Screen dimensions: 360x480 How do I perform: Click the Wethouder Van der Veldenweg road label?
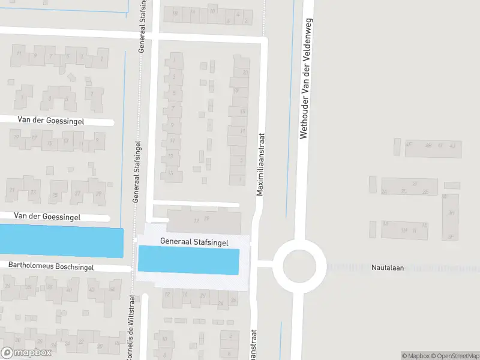pyautogui.click(x=303, y=70)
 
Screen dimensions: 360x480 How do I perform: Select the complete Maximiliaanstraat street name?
pyautogui.click(x=260, y=155)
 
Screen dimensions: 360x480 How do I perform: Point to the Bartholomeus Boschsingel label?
pyautogui.click(x=51, y=266)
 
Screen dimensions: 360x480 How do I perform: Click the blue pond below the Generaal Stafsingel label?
pyautogui.click(x=189, y=261)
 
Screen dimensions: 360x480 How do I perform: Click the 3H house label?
pyautogui.click(x=451, y=213)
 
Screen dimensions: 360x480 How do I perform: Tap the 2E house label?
pyautogui.click(x=425, y=191)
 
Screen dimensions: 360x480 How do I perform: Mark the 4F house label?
pyautogui.click(x=409, y=145)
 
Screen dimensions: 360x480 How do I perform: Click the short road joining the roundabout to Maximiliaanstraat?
pyautogui.click(x=265, y=263)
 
